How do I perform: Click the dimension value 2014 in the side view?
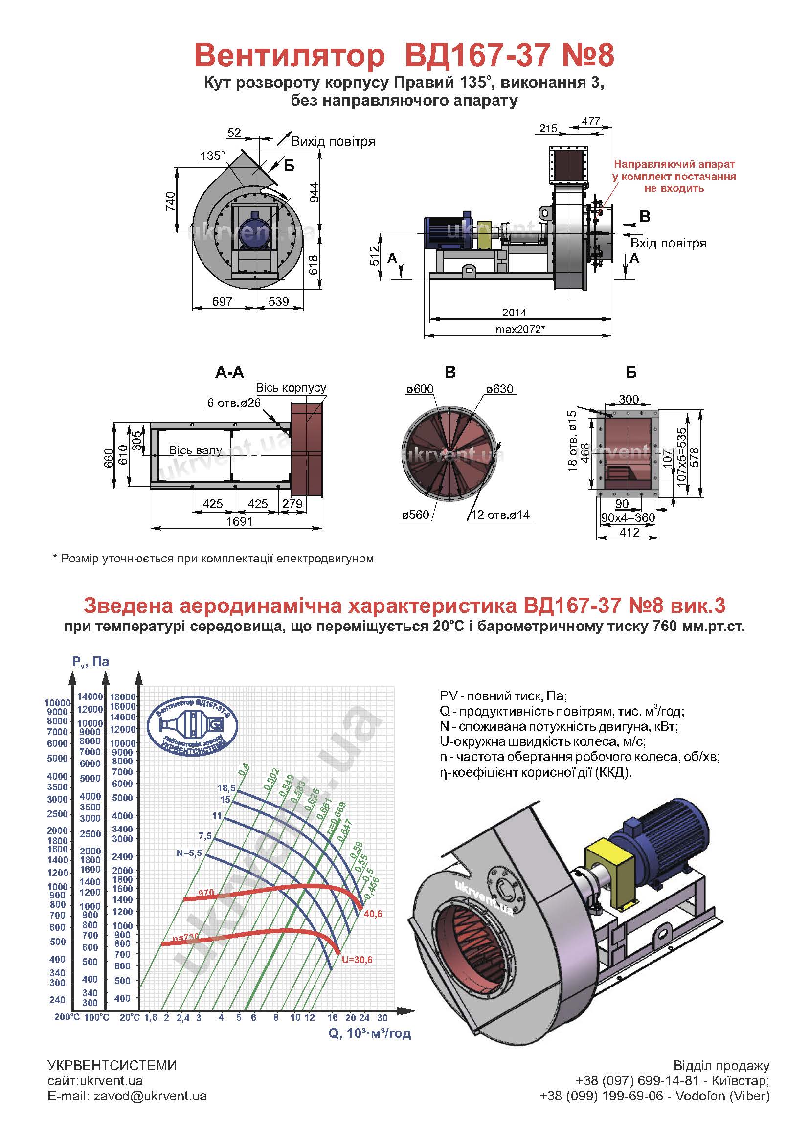(x=514, y=313)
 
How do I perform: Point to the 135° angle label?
(x=213, y=156)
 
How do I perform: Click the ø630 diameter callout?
(x=499, y=389)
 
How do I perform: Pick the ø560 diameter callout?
(x=415, y=514)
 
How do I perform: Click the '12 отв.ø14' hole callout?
(x=500, y=515)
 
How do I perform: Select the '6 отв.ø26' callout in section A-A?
(x=234, y=403)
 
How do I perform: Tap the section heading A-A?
(x=230, y=372)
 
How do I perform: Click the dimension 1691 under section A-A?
(x=240, y=521)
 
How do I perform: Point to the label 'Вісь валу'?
(x=195, y=450)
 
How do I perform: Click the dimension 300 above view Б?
(x=629, y=399)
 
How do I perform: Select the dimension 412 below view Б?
(x=629, y=532)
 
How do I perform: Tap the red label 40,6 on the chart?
(x=373, y=913)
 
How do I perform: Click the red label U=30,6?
(x=357, y=960)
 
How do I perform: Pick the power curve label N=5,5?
(x=189, y=852)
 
